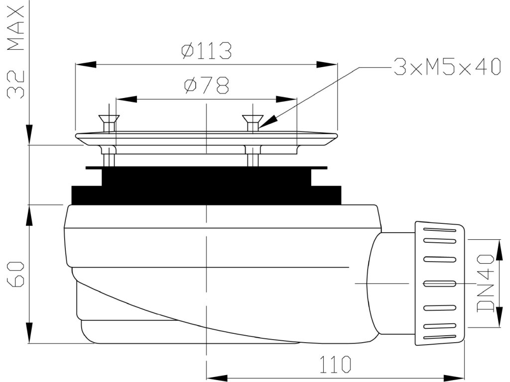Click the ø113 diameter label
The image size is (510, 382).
coord(207,51)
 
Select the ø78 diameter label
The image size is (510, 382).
coord(207,85)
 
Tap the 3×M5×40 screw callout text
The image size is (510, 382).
coord(447,67)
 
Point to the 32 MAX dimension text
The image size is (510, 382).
coord(15,51)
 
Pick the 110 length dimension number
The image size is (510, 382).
coord(335,364)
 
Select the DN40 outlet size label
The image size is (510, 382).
coord(486,283)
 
